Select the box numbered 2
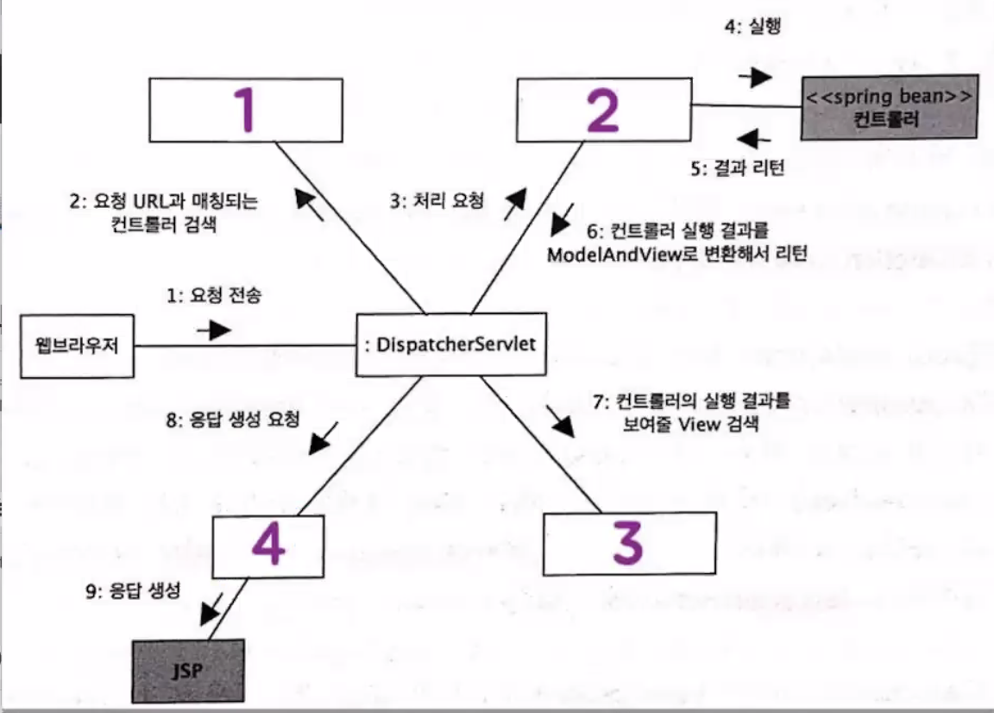tap(603, 107)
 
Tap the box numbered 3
tap(629, 544)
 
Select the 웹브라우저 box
tap(79, 346)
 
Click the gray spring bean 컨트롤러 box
tap(890, 107)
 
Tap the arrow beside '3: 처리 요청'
tap(514, 206)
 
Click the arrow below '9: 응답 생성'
tap(211, 610)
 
